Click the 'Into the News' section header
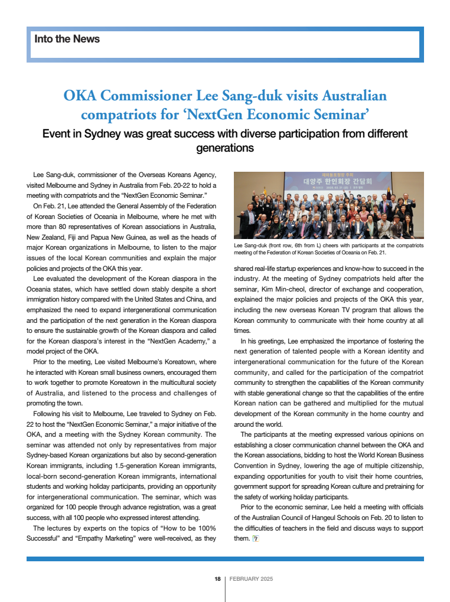[67, 40]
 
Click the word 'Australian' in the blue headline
[353, 96]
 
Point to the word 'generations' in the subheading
[224, 148]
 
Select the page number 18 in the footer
[217, 579]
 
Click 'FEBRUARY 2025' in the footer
[252, 579]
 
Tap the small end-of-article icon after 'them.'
[255, 538]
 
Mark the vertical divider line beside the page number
[224, 587]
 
